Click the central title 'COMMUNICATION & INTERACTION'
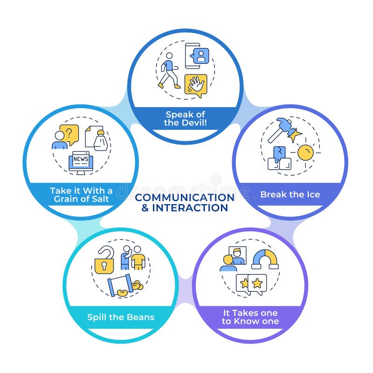(185, 202)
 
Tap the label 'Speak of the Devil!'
(185, 118)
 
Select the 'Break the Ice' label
(290, 194)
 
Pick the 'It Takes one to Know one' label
(250, 317)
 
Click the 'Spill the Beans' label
(121, 318)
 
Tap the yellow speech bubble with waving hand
(195, 85)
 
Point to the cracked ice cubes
(280, 159)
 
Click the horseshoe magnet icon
(264, 259)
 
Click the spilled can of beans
(124, 285)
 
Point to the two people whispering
(132, 257)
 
